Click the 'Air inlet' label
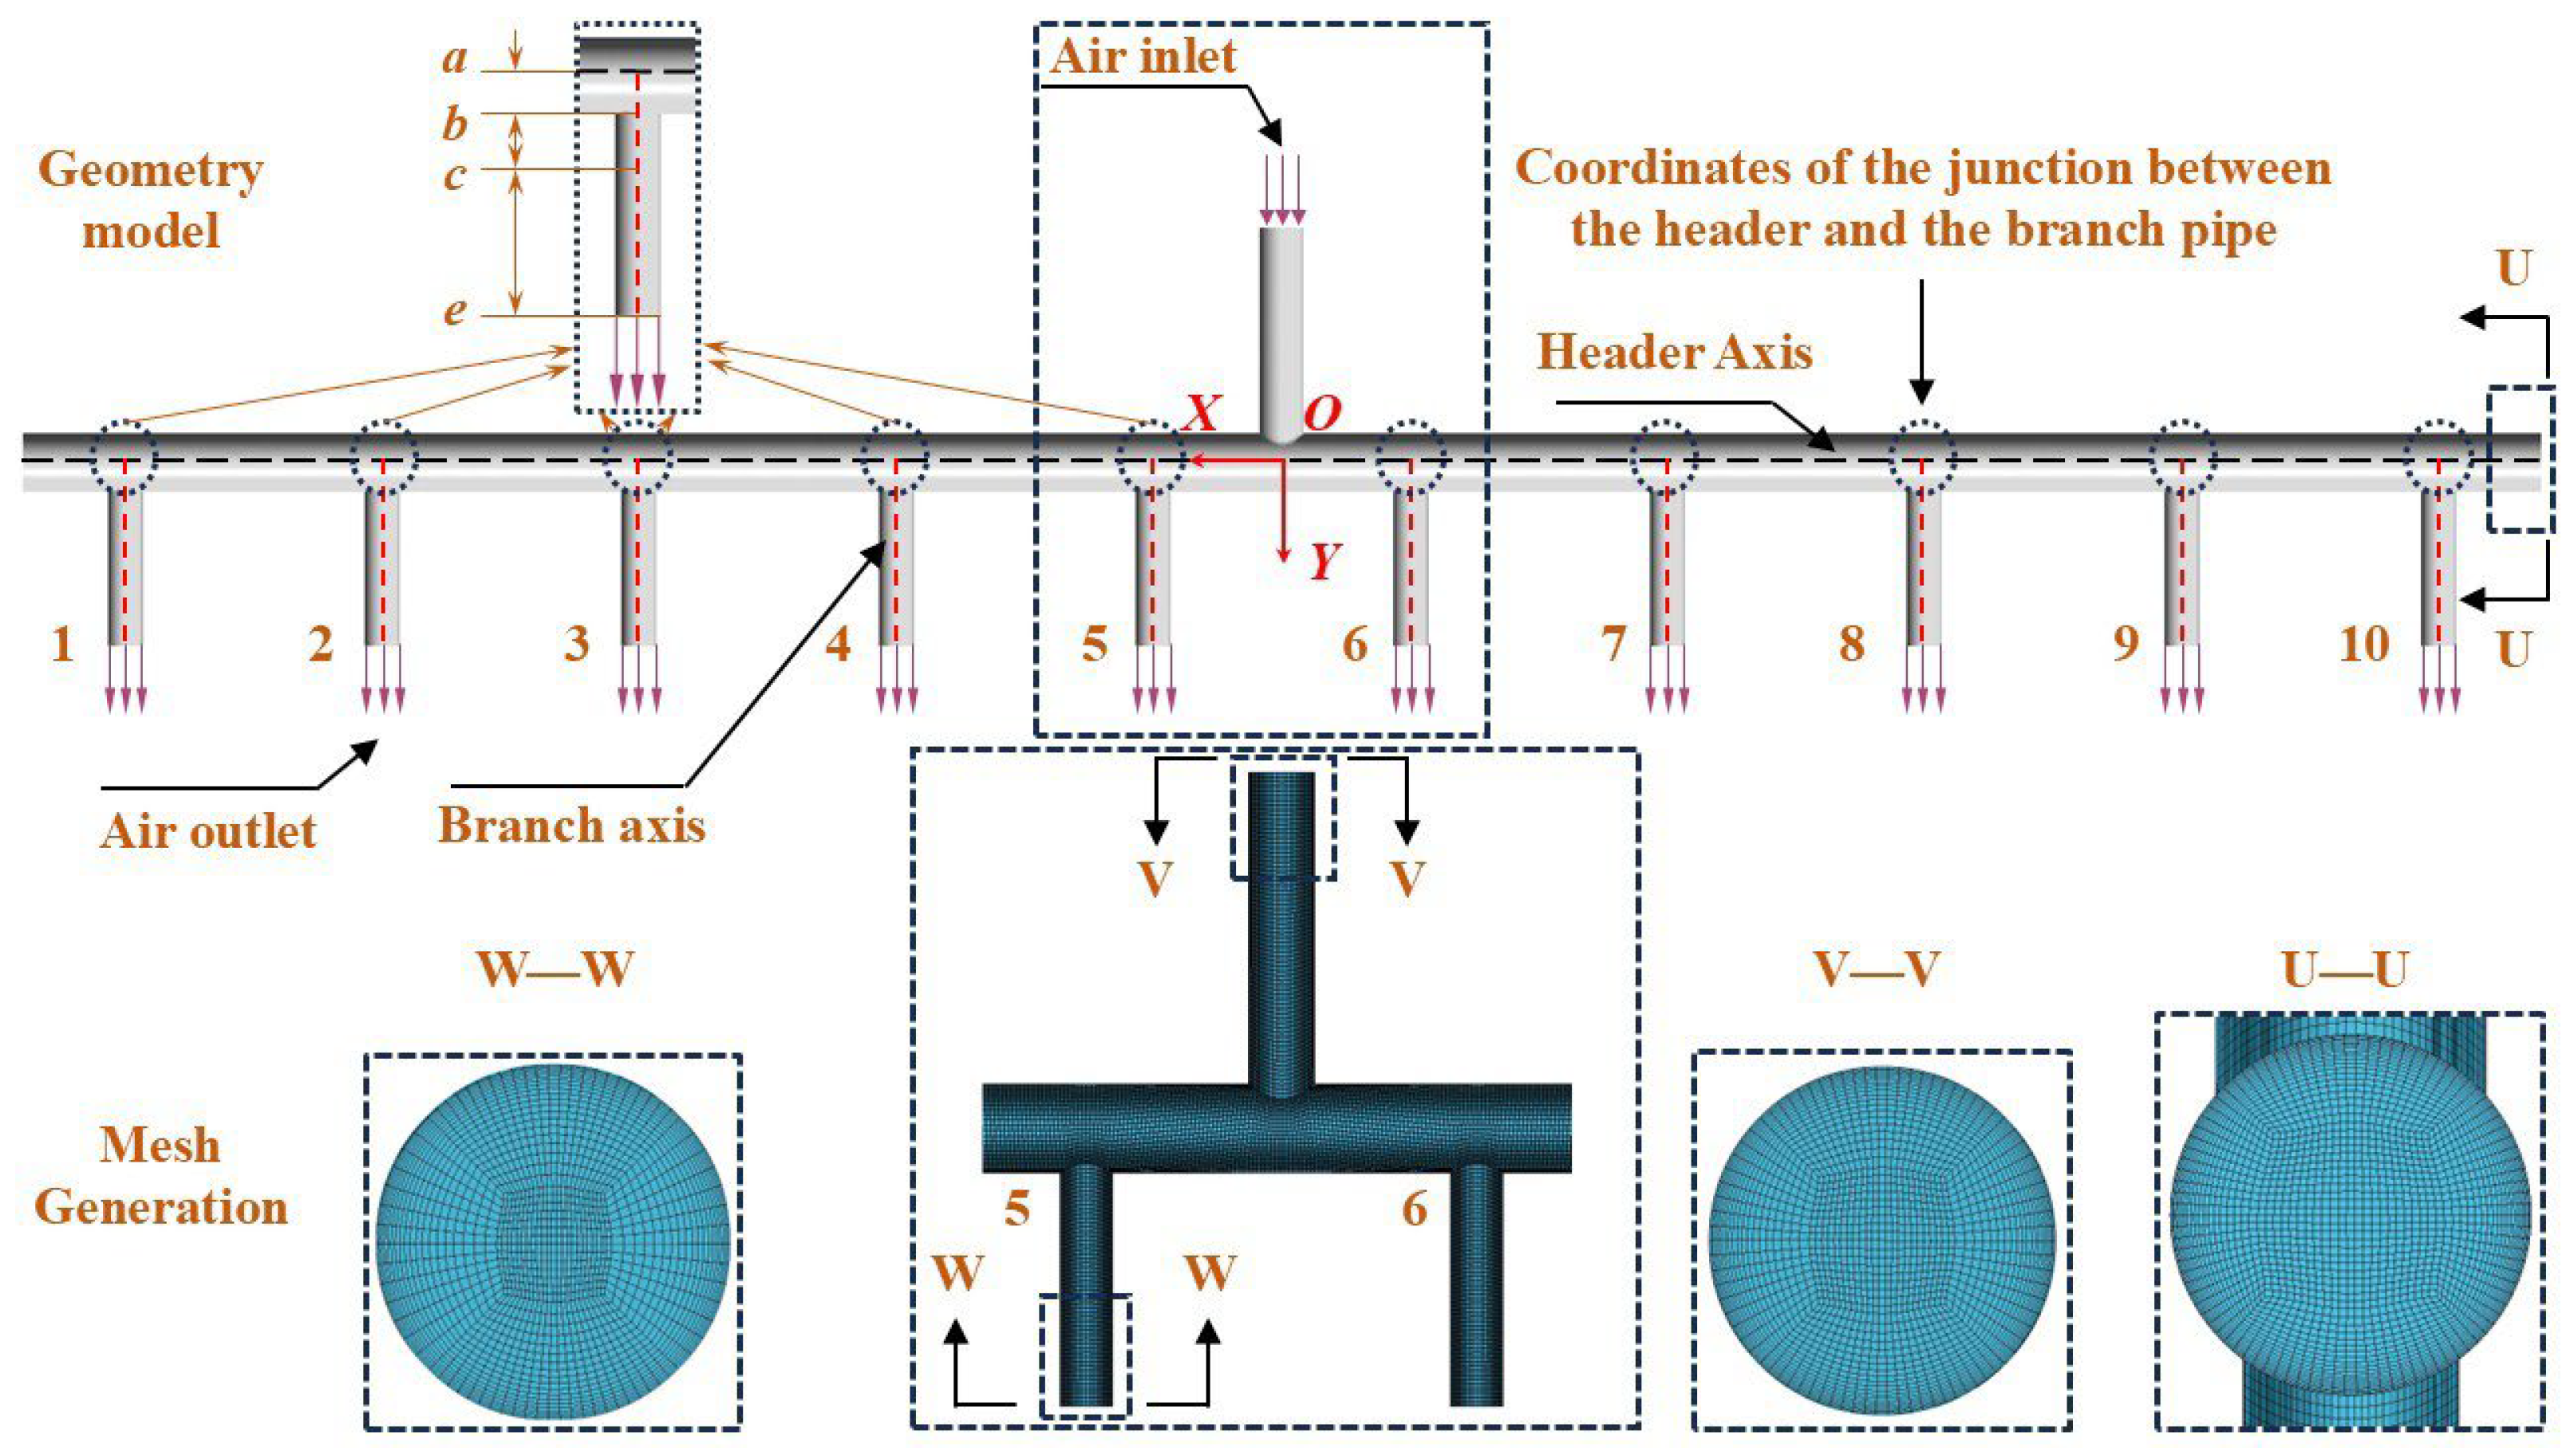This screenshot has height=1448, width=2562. tap(1143, 57)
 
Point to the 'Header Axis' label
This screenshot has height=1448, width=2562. tap(1675, 353)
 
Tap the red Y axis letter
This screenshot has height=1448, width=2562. tap(1322, 562)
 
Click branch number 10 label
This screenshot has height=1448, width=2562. tap(2364, 645)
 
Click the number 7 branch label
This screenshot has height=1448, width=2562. tap(1613, 645)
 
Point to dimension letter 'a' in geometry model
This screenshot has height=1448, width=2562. tap(455, 61)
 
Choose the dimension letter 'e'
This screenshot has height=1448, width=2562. tap(455, 311)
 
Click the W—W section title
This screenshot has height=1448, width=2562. tap(554, 969)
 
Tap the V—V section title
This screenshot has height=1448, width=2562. tap(1877, 969)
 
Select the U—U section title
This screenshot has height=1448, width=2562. tap(2344, 969)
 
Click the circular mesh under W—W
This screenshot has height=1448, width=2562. tap(553, 1241)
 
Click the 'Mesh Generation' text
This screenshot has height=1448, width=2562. tap(160, 1178)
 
